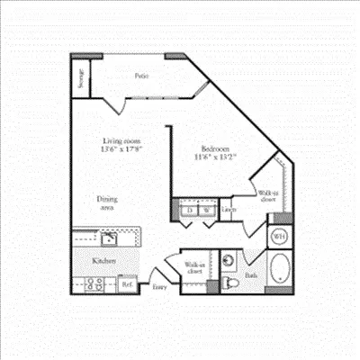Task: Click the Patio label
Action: tap(142, 76)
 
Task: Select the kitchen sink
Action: tap(108, 238)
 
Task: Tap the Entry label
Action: tap(159, 287)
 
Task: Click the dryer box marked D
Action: tap(189, 211)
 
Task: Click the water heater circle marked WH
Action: tap(279, 237)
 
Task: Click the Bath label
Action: tap(251, 276)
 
